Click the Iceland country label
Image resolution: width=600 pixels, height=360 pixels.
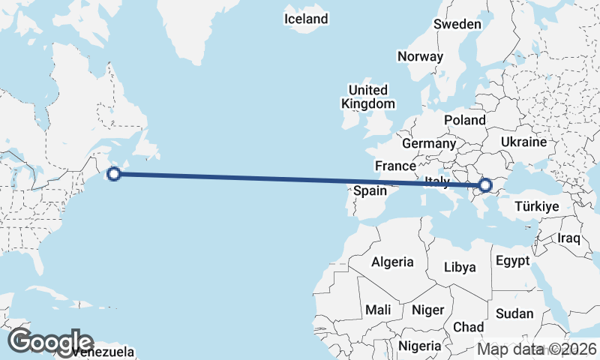tap(306, 19)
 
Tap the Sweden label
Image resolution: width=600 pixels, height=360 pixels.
tap(457, 24)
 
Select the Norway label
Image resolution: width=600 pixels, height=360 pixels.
tap(421, 56)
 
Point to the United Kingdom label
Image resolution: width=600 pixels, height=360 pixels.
tap(368, 97)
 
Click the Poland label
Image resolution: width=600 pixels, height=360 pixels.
tap(465, 120)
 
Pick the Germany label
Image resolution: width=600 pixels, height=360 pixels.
tap(429, 143)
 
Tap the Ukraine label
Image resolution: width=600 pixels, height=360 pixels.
tap(534, 142)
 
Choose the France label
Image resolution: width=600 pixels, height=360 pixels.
tap(395, 166)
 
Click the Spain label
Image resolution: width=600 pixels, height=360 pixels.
tap(370, 190)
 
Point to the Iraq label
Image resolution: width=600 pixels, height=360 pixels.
tap(569, 238)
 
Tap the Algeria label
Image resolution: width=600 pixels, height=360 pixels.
tap(393, 262)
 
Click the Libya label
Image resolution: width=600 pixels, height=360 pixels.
tap(460, 267)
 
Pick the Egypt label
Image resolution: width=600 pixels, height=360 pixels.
tap(513, 261)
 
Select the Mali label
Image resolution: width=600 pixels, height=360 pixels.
tap(378, 310)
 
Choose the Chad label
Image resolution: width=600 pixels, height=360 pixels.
tap(468, 327)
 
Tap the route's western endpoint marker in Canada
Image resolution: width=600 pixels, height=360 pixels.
tap(114, 174)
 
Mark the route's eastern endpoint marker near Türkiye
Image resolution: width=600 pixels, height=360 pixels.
tap(484, 184)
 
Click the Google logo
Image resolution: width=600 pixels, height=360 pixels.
tap(50, 341)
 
